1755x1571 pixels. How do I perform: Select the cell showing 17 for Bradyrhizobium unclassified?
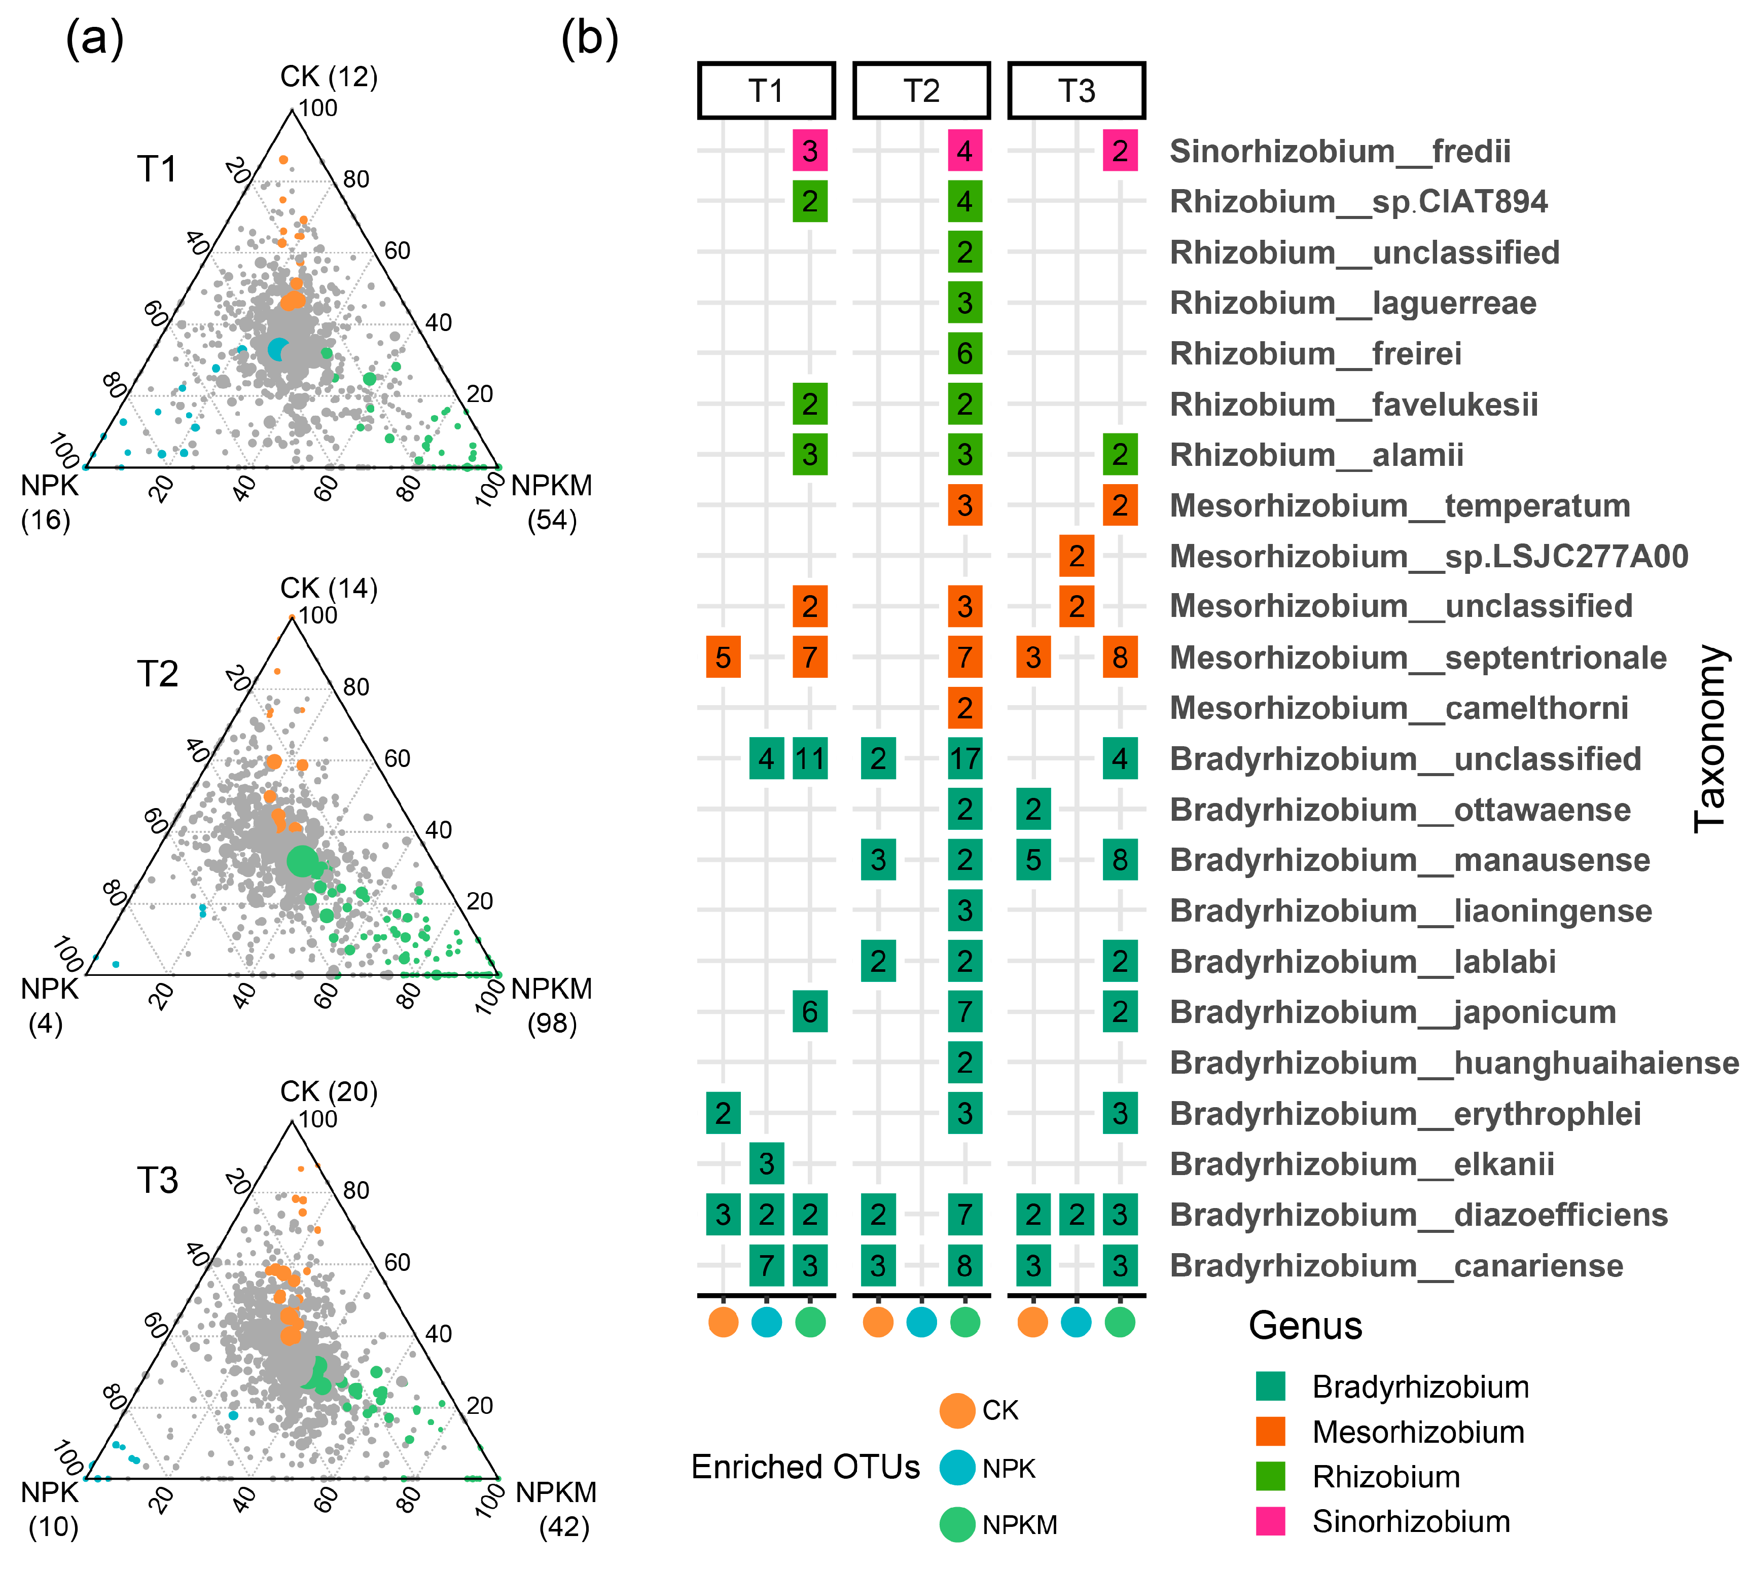pos(964,759)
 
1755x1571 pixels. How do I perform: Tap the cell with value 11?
pos(810,759)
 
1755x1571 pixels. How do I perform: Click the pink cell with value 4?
pos(964,151)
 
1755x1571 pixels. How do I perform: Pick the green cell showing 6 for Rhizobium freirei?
pos(964,353)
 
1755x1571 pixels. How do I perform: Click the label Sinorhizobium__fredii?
pos(1340,151)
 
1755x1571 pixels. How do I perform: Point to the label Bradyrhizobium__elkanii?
pos(1362,1163)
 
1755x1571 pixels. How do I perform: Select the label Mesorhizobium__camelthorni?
pos(1399,708)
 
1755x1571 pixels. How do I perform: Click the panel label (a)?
pos(95,39)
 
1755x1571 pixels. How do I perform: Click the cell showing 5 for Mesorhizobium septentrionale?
pos(724,657)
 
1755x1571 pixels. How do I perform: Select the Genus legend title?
pos(1305,1325)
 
